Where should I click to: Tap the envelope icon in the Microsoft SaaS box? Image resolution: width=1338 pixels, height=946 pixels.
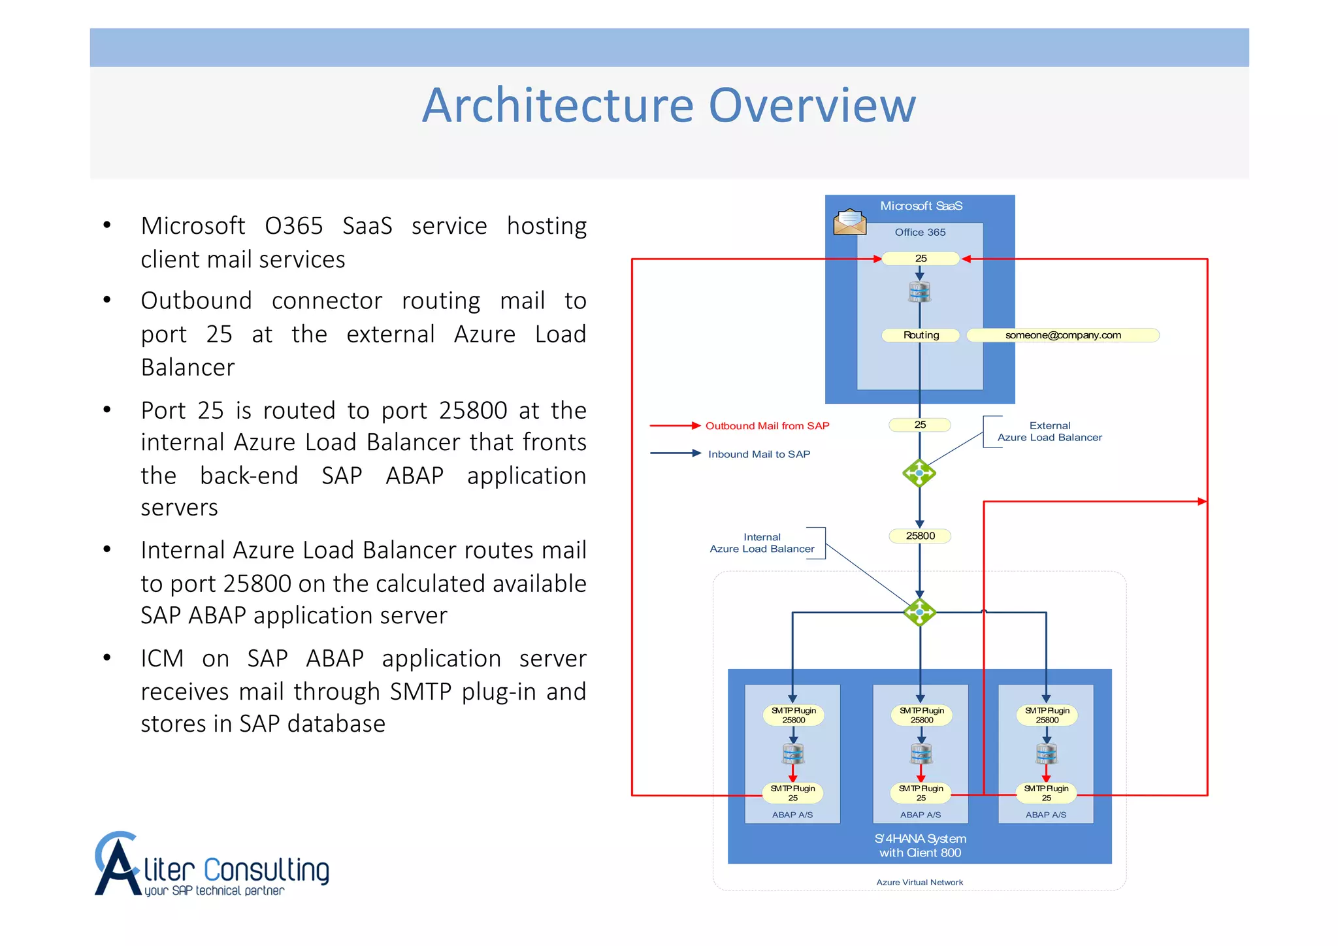pyautogui.click(x=849, y=222)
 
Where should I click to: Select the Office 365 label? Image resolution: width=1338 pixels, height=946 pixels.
pyautogui.click(x=920, y=233)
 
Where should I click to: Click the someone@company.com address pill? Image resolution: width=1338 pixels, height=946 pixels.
pyautogui.click(x=1062, y=335)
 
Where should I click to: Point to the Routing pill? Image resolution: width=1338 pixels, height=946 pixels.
pyautogui.click(x=921, y=335)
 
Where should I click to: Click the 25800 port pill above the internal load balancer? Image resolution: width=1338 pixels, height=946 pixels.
pyautogui.click(x=920, y=536)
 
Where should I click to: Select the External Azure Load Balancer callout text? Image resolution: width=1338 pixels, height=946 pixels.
pyautogui.click(x=1049, y=432)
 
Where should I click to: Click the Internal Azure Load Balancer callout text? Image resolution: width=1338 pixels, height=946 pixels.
pyautogui.click(x=762, y=543)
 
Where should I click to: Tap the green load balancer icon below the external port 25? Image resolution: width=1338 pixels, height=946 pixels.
pyautogui.click(x=919, y=473)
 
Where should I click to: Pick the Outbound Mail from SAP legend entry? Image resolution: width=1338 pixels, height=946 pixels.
pyautogui.click(x=767, y=426)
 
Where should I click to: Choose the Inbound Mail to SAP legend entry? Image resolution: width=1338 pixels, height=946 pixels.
pyautogui.click(x=759, y=454)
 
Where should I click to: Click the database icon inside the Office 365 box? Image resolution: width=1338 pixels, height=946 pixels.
pyautogui.click(x=919, y=292)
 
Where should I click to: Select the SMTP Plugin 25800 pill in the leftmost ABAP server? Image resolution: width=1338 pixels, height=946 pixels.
pyautogui.click(x=793, y=715)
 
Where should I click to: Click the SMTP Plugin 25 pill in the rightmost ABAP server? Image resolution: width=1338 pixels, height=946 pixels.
pyautogui.click(x=1046, y=793)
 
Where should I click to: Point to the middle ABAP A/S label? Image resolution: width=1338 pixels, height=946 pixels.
pyautogui.click(x=920, y=815)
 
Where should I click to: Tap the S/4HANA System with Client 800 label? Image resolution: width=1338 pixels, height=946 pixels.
pyautogui.click(x=920, y=845)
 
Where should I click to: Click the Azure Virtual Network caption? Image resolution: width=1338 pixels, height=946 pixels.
pyautogui.click(x=919, y=883)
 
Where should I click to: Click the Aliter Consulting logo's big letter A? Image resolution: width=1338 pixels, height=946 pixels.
pyautogui.click(x=118, y=866)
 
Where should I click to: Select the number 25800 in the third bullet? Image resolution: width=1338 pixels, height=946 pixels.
pyautogui.click(x=473, y=411)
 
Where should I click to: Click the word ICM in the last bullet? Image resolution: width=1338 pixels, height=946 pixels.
pyautogui.click(x=162, y=659)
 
